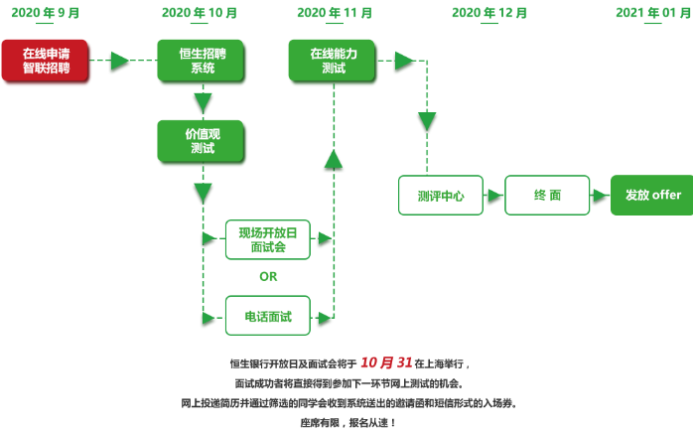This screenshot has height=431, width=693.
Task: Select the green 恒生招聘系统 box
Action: click(x=202, y=61)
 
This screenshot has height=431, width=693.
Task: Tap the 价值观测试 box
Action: click(x=202, y=141)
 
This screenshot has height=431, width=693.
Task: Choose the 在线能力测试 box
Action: click(x=334, y=61)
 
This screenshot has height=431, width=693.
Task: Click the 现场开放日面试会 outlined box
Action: click(x=268, y=239)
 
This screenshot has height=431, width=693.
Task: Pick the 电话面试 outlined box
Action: click(x=268, y=316)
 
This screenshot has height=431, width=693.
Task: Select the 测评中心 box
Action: click(x=441, y=196)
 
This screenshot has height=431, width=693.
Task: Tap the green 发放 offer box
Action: click(x=652, y=196)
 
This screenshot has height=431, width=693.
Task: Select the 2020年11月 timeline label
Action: click(x=335, y=12)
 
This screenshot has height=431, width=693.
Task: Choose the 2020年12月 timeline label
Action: click(x=489, y=12)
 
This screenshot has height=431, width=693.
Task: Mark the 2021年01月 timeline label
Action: click(x=651, y=12)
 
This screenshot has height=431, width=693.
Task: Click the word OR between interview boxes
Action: click(x=268, y=277)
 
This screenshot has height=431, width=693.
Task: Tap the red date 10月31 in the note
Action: click(x=385, y=361)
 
